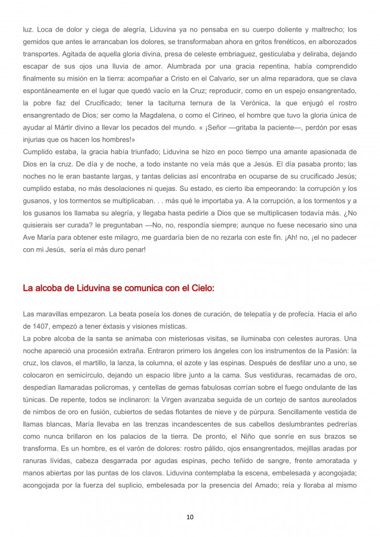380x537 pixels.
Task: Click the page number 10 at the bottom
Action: coord(189,517)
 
